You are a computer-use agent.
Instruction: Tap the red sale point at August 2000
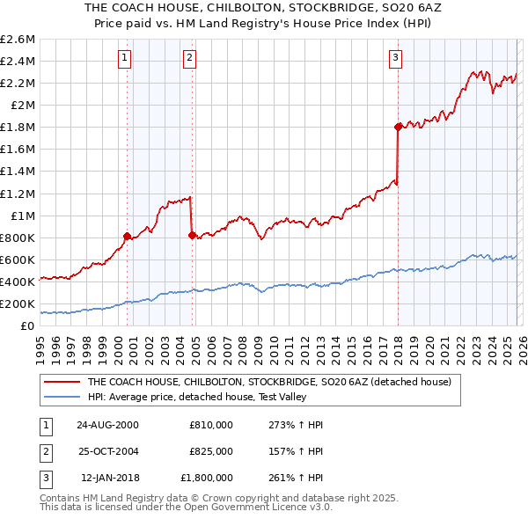(x=128, y=236)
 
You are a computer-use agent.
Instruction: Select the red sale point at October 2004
(x=192, y=234)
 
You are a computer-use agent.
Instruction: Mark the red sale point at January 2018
(x=398, y=127)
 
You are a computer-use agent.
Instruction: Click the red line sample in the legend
(x=62, y=382)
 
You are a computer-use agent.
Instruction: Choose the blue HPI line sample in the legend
(x=62, y=397)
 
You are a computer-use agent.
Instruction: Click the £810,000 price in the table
(x=211, y=424)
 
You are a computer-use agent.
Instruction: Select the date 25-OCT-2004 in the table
(x=107, y=450)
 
